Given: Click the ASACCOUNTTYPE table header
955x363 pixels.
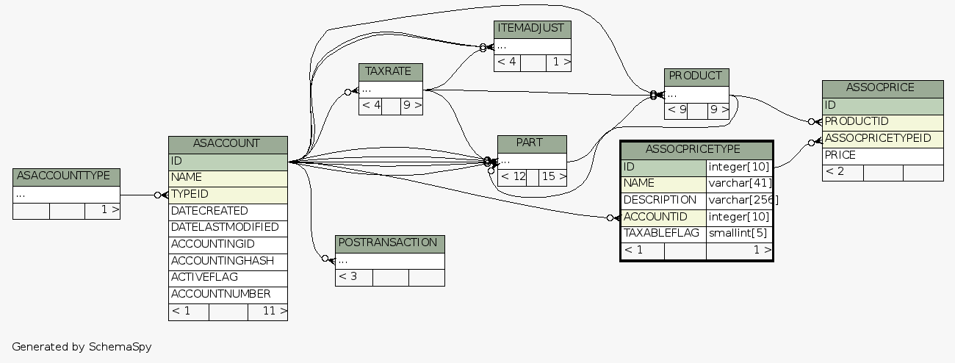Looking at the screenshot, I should coord(66,176).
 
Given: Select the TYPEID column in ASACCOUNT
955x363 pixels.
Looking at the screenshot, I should coord(228,194).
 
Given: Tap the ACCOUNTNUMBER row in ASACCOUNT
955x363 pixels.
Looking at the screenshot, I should coord(228,294).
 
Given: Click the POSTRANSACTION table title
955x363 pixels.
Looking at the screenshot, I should coord(390,243).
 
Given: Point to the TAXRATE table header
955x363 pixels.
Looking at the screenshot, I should coord(390,71).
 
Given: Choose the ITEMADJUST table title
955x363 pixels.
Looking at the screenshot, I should coord(532,29).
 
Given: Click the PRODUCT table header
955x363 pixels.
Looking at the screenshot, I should coord(696,76).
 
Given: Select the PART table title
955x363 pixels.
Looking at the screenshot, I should coord(531,143).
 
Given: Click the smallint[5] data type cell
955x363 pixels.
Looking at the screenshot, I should coord(738,234).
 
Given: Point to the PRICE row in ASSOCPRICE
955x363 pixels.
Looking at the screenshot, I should coord(882,155).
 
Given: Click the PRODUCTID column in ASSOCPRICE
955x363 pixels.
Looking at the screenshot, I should coord(882,121).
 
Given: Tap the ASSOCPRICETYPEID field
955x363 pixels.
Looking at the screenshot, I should coord(882,138).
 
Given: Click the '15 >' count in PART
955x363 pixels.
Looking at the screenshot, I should coord(552,176).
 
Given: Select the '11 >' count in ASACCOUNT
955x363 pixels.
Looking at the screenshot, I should coord(268,312).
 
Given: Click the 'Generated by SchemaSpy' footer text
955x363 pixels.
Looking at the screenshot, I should coord(82,346).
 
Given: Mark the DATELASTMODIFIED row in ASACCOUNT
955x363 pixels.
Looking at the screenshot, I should coord(228,227).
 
